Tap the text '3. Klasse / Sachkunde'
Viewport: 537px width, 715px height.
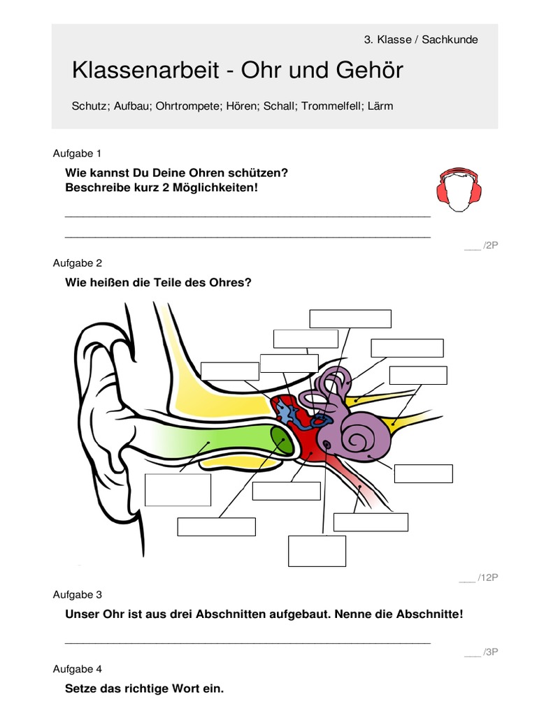[421, 40]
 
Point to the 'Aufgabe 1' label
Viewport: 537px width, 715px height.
[77, 153]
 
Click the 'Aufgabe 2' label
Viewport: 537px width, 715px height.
[77, 263]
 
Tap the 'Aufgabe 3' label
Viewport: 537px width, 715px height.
[77, 594]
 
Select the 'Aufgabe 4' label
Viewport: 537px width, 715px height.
[77, 668]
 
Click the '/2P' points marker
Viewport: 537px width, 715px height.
[489, 245]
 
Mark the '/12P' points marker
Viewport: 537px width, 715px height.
[487, 577]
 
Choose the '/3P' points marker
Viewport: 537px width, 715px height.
[489, 652]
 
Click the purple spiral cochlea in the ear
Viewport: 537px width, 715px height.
[363, 438]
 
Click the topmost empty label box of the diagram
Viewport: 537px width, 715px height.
[350, 318]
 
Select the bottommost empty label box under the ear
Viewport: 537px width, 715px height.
[317, 551]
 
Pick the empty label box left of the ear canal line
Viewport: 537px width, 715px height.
[178, 489]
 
